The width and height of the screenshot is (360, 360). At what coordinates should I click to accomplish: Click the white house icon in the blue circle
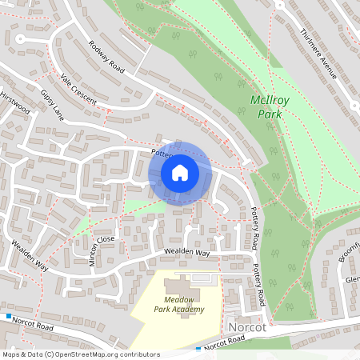click(x=180, y=172)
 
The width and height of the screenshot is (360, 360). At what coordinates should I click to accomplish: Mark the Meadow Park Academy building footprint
click(x=181, y=286)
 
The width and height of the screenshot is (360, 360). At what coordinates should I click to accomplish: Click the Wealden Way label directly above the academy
click(x=186, y=253)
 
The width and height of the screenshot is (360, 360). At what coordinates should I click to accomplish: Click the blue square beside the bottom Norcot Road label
click(x=198, y=349)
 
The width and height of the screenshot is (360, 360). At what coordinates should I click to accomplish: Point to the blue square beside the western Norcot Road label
click(x=9, y=317)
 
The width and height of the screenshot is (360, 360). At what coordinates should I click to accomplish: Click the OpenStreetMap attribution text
click(x=80, y=354)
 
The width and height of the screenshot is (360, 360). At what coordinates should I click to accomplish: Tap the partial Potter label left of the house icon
click(x=159, y=150)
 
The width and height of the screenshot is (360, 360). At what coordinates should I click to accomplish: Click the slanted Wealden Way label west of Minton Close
click(x=28, y=255)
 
